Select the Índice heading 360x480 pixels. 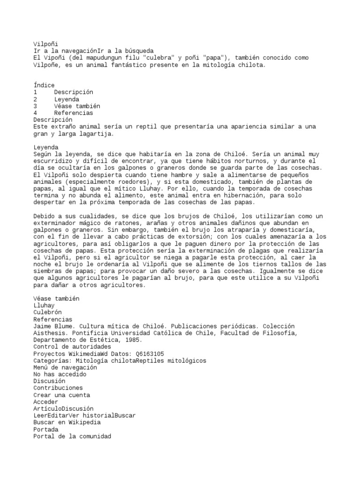tap(44, 85)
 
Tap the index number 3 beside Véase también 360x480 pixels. tap(35, 106)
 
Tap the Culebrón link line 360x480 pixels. tap(47, 312)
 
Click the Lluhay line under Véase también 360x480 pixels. tap(44, 305)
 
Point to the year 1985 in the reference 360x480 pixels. tap(133, 340)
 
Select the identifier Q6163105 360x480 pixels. tap(147, 354)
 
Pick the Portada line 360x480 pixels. tap(45, 429)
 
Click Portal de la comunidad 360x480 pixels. tap(72, 436)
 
